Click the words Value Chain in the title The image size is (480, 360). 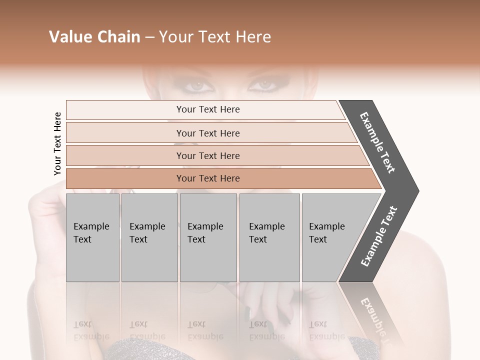pos(94,37)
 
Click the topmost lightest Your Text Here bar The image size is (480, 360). pos(208,109)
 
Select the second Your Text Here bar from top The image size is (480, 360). pos(208,133)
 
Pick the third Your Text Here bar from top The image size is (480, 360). pos(208,155)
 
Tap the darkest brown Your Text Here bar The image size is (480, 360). pos(208,178)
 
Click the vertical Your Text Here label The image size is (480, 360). pos(57,143)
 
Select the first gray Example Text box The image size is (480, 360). pos(92,237)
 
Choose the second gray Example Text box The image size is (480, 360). pos(149,237)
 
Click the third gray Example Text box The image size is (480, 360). pos(207,237)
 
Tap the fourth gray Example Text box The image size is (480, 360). pos(269,237)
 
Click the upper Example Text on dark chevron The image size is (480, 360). pos(378,142)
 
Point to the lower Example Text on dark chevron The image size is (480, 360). pos(379,236)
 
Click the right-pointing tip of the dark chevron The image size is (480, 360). pos(416,191)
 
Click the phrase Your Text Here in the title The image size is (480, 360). pos(214,37)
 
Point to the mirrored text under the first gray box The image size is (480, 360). pos(91,330)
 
